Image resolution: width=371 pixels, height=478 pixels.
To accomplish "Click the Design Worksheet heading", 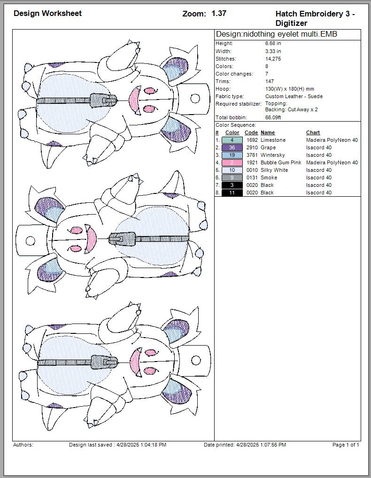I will [x=47, y=13].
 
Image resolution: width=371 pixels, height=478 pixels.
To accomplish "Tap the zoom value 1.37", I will [x=219, y=13].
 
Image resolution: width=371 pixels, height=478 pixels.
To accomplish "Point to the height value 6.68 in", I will [x=273, y=43].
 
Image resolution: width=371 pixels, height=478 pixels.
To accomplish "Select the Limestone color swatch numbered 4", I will [x=232, y=140].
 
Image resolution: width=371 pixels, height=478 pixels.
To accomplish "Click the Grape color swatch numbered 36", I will [x=232, y=147].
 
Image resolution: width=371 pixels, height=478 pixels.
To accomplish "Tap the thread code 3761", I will [x=251, y=155].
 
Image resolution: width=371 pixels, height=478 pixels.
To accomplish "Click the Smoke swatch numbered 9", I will [x=232, y=177].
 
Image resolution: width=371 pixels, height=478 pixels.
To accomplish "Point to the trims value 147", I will [x=270, y=81].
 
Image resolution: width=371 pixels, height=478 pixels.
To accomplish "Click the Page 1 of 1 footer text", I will [x=346, y=445].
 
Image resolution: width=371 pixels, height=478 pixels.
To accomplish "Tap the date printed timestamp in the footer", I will [x=245, y=445].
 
